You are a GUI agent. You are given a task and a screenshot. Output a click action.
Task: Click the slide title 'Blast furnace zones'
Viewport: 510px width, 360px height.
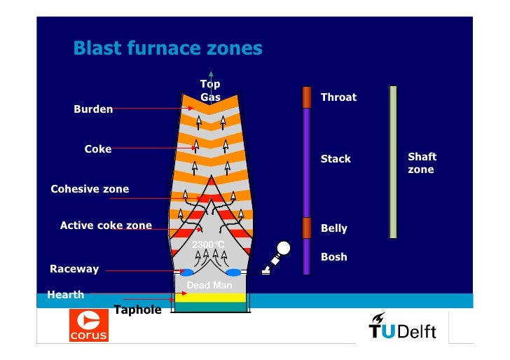(x=167, y=48)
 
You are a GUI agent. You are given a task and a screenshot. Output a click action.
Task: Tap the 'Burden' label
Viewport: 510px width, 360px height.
(x=93, y=109)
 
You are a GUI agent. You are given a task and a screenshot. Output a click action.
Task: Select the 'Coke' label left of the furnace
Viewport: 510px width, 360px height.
(x=98, y=149)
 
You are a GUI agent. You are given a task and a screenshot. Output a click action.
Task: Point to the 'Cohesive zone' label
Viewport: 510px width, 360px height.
(x=90, y=189)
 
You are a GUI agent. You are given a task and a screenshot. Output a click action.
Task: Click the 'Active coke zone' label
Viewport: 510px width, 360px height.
(x=106, y=226)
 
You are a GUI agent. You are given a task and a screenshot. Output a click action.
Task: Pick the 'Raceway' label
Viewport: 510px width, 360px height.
(x=74, y=269)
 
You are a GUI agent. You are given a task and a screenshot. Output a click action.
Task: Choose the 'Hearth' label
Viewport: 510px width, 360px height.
(x=65, y=295)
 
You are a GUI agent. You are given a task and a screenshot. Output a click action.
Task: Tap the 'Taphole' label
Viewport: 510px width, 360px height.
(x=137, y=310)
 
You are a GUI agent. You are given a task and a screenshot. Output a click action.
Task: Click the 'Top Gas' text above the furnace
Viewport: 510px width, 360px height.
(x=210, y=91)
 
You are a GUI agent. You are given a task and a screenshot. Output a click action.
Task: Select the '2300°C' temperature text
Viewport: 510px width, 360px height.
(x=208, y=244)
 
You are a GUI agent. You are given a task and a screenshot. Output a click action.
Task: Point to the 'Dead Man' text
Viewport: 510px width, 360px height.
(x=209, y=286)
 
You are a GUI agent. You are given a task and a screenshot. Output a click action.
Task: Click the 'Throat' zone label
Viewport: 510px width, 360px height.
(x=338, y=97)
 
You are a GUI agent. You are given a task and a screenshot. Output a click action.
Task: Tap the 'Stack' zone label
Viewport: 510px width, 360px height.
(x=336, y=159)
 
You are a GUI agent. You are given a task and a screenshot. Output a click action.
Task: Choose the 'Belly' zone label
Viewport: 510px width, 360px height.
(x=333, y=228)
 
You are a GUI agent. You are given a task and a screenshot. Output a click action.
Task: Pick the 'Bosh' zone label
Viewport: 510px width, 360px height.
(x=333, y=257)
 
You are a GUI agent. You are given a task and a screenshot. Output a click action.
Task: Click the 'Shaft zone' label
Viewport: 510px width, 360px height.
(x=422, y=163)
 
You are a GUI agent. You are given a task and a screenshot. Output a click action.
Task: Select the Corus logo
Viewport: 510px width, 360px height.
(x=89, y=326)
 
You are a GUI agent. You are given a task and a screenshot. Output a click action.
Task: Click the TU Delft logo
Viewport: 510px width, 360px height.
(x=402, y=326)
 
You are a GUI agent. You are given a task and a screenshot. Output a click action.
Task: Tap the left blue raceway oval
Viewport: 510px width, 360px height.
(x=187, y=272)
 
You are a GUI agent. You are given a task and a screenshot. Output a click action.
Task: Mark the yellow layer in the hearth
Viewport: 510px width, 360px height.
(x=210, y=297)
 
